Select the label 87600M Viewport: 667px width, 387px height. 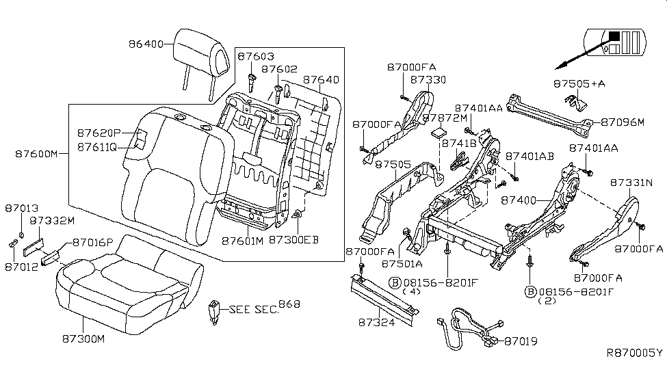pyautogui.click(x=37, y=154)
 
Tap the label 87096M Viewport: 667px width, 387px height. pyautogui.click(x=623, y=122)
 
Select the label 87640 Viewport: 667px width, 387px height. pyautogui.click(x=321, y=80)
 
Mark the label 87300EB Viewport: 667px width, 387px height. pyautogui.click(x=293, y=240)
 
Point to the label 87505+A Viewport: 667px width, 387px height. pyautogui.click(x=578, y=83)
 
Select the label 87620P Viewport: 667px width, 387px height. pyautogui.click(x=99, y=133)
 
